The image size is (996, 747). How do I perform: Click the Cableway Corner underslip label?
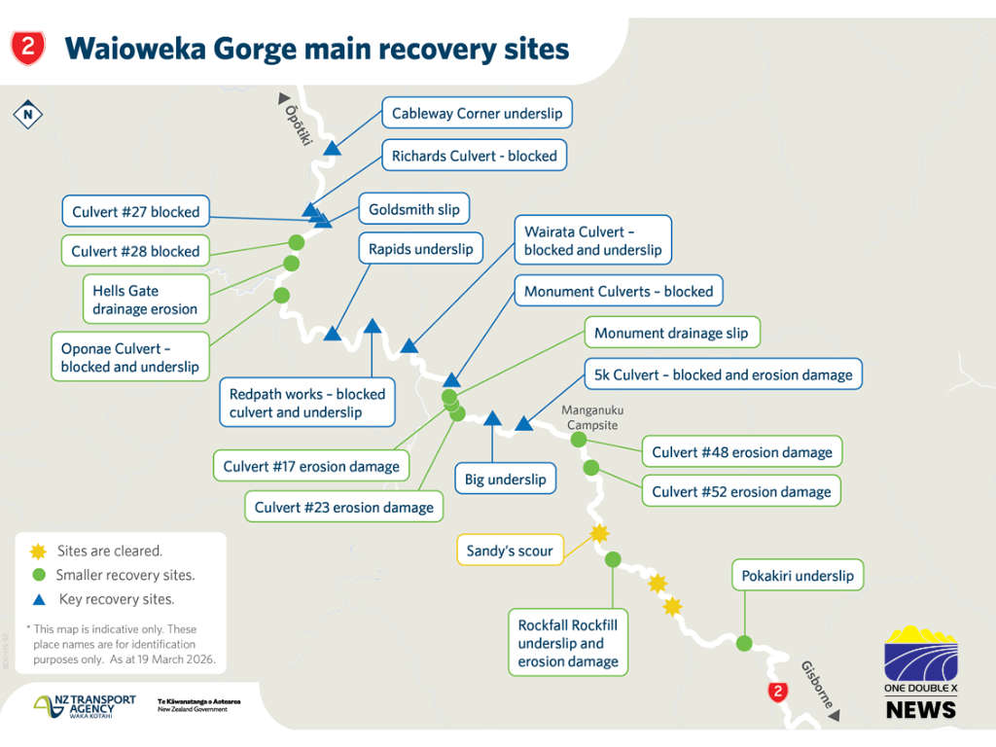(477, 114)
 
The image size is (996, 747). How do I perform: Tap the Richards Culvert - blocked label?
(474, 156)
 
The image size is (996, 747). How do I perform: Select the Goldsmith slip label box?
(414, 209)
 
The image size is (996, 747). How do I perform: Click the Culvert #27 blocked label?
(135, 212)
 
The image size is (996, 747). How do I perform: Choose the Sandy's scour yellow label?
(509, 551)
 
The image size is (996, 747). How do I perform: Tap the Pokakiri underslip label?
(797, 576)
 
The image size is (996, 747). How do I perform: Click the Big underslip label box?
(505, 479)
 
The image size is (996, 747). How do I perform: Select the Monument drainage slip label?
(671, 334)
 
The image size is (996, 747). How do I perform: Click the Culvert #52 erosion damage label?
(741, 491)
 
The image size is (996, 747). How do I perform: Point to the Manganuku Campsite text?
(589, 417)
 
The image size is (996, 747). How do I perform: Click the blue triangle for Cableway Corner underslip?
(333, 148)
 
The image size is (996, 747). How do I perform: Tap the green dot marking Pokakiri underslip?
(744, 643)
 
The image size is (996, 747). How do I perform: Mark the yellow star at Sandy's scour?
(599, 533)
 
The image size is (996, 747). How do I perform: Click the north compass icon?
(28, 115)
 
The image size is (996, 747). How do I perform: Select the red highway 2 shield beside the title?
(27, 46)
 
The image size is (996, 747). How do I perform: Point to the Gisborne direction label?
(816, 684)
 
